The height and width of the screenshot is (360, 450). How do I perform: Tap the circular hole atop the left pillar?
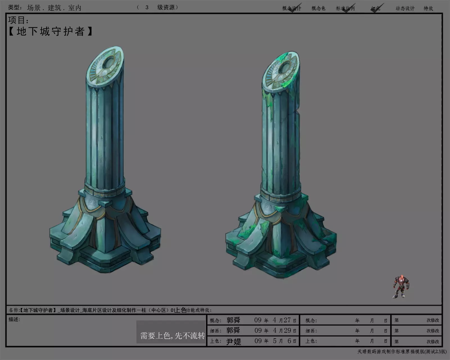coord(109,63)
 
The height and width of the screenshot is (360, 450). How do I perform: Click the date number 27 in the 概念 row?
coord(287,320)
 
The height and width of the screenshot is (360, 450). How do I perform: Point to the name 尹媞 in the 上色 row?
coord(233,341)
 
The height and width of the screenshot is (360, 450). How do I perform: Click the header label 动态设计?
coord(405,8)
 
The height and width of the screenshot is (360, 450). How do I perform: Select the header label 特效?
coord(428,8)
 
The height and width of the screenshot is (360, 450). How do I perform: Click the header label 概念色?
coord(318,8)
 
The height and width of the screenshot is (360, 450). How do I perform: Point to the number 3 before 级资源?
coord(147,7)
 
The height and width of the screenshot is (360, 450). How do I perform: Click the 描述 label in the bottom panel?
coord(14,319)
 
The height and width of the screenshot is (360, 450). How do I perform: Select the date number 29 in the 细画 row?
coord(287,330)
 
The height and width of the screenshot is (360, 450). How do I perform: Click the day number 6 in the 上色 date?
coord(289,341)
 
